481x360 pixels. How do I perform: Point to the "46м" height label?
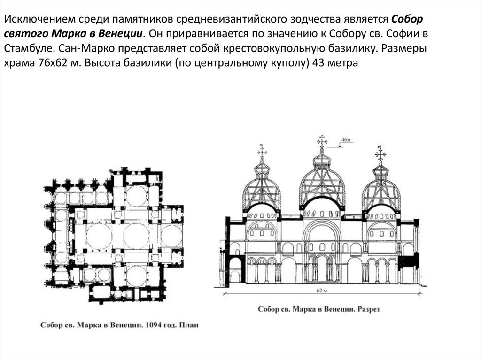click(346, 140)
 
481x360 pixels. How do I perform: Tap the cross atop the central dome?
click(322, 140)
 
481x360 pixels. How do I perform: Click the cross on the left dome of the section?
click(262, 151)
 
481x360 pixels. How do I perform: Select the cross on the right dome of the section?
click(380, 153)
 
